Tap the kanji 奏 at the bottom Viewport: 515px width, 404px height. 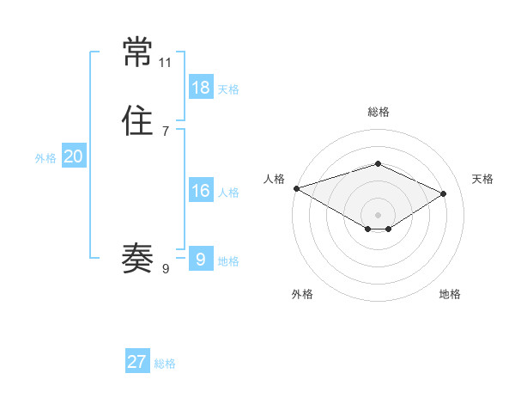point(137,256)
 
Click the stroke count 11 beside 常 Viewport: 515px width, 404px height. point(166,63)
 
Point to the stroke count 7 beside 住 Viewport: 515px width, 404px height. point(165,131)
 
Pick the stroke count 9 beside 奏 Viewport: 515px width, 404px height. point(165,269)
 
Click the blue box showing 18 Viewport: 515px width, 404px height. point(200,88)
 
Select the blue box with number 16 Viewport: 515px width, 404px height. point(200,191)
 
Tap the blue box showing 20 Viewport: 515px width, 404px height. point(73,156)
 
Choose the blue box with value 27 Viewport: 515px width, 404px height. point(137,362)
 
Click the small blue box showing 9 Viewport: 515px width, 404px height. point(200,259)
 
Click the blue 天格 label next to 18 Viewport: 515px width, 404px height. point(228,89)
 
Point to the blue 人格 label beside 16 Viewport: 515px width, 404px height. point(228,193)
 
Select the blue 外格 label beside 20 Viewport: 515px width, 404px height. point(45,158)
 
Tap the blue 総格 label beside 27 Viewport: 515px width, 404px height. point(165,364)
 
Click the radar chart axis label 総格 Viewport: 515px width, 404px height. point(378,112)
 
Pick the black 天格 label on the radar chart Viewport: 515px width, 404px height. point(482,179)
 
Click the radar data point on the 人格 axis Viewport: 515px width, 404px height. point(296,187)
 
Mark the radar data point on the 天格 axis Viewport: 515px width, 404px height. point(444,193)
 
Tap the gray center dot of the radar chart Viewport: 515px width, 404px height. point(378,214)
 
